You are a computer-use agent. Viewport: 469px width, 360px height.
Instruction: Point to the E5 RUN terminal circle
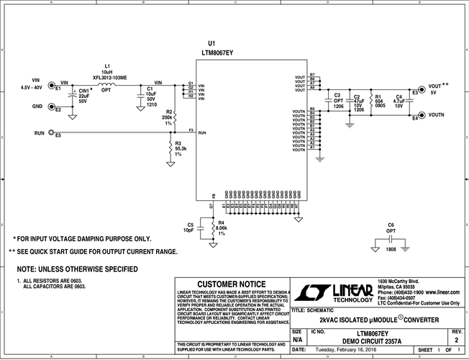tap(52, 134)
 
